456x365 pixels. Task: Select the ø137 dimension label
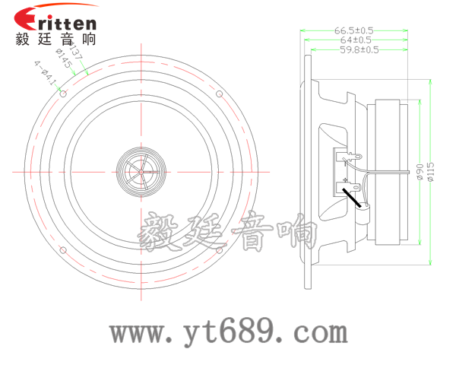click(79, 55)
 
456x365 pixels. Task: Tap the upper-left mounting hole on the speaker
click(64, 95)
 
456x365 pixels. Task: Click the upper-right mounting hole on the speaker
click(220, 95)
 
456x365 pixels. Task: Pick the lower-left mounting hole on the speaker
click(64, 250)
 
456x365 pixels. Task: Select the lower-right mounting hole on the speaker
click(220, 250)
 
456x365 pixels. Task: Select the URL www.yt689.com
click(228, 332)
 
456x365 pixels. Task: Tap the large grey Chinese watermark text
click(228, 232)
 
